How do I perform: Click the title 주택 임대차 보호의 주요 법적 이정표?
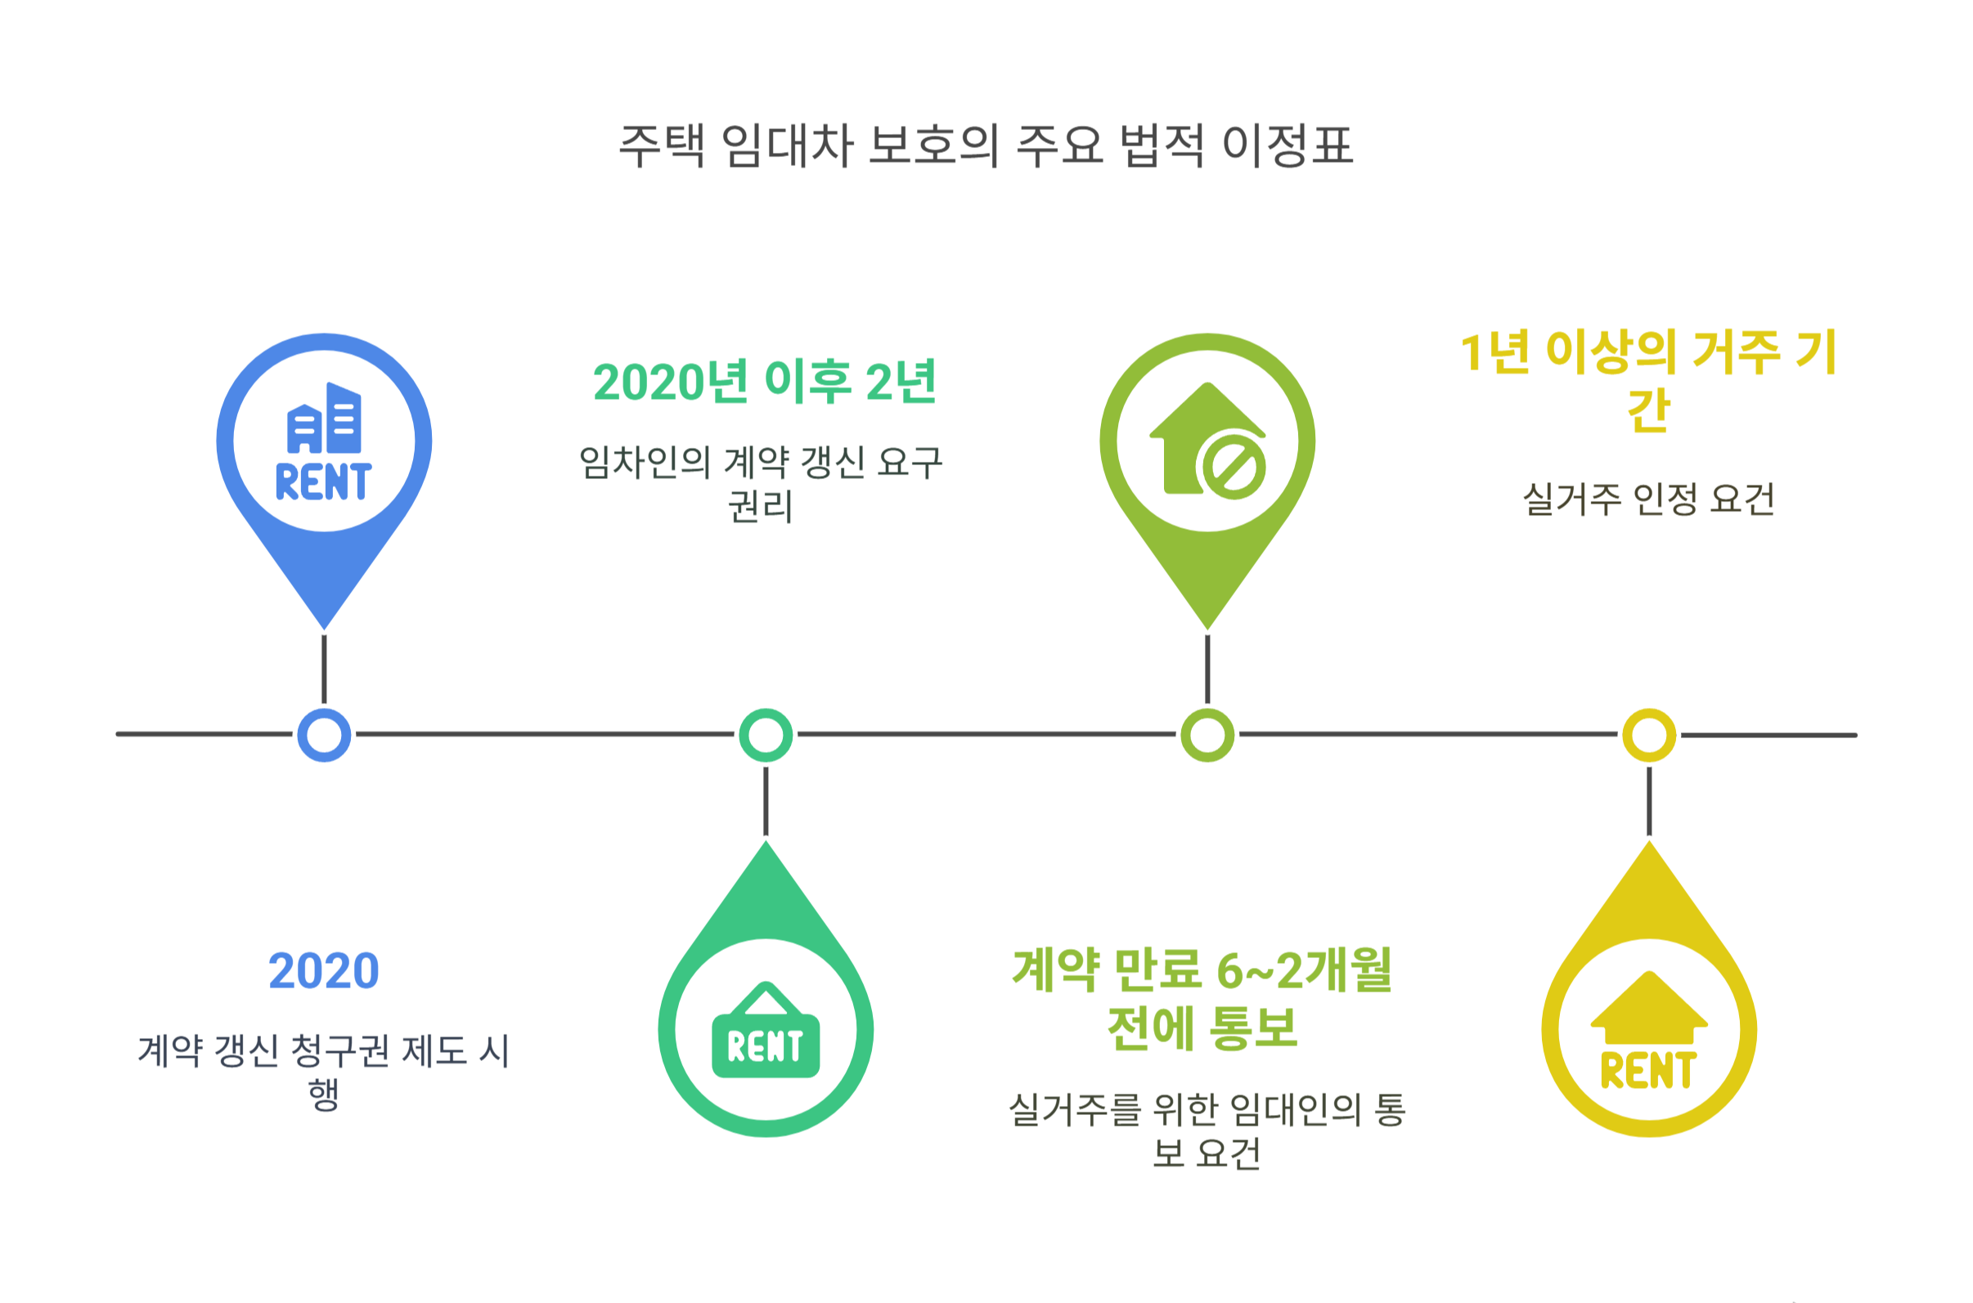click(986, 146)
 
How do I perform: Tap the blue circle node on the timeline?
click(324, 735)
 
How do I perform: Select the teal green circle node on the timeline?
click(766, 735)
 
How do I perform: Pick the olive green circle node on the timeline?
click(1207, 735)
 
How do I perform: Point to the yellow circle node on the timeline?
click(1649, 735)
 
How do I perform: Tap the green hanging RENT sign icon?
click(766, 1031)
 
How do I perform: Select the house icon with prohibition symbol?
click(1207, 441)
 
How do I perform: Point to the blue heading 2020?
click(323, 970)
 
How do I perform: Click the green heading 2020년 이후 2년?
click(765, 383)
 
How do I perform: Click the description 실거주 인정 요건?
click(1649, 499)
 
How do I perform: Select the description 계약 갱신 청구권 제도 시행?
click(323, 1071)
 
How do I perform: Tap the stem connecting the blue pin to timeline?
click(324, 669)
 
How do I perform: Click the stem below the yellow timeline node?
click(1649, 800)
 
